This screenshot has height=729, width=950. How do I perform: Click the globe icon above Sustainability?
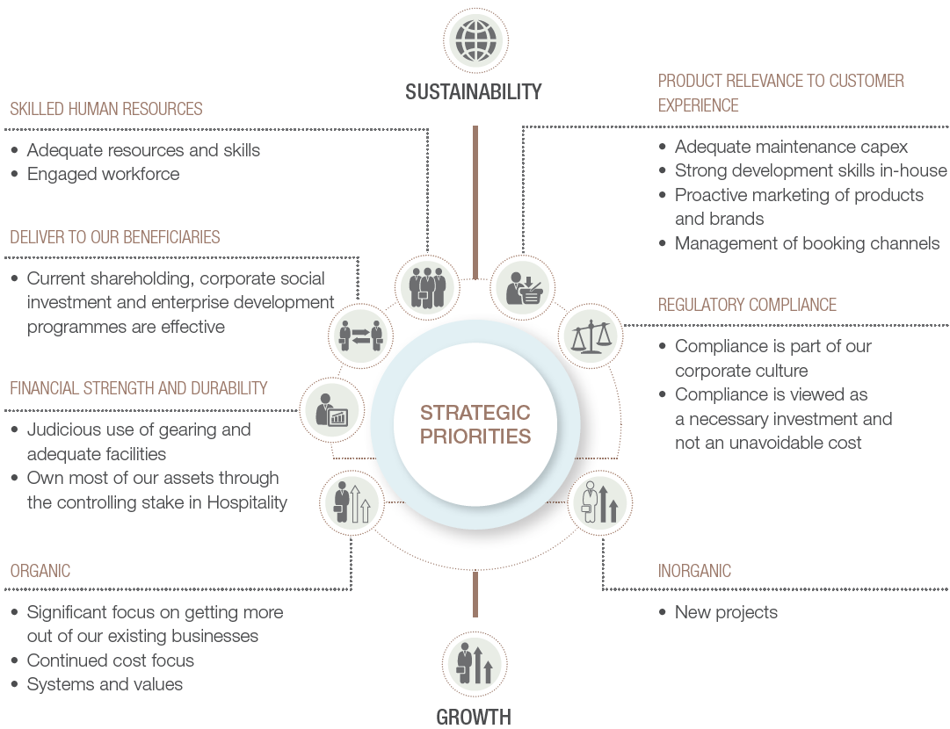point(475,40)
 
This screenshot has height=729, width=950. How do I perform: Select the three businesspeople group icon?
point(428,287)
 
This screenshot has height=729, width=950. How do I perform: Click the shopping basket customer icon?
point(522,287)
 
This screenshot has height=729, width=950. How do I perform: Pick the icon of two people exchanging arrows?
point(361,335)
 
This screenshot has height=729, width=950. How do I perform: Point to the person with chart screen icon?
point(332,410)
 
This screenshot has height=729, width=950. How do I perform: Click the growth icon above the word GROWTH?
point(475,664)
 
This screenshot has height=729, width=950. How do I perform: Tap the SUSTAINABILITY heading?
point(473,92)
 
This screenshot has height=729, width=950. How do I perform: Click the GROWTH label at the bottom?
point(474,717)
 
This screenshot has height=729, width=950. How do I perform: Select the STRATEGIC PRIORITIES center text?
point(475,424)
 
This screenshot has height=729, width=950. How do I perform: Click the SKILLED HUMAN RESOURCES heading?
point(106,109)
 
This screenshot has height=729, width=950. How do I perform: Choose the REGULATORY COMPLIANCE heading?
point(747,305)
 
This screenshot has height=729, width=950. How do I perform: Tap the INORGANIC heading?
point(694,571)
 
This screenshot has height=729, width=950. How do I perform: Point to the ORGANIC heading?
point(40,571)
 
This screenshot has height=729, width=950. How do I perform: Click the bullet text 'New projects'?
point(726,612)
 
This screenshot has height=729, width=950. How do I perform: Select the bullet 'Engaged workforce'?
point(103,175)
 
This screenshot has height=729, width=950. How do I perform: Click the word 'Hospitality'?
point(247,502)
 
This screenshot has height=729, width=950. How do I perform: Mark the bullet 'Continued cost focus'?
point(110,660)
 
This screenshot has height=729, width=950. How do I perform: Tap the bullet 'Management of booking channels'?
point(807,243)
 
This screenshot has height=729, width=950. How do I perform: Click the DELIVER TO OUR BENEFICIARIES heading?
point(114,237)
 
